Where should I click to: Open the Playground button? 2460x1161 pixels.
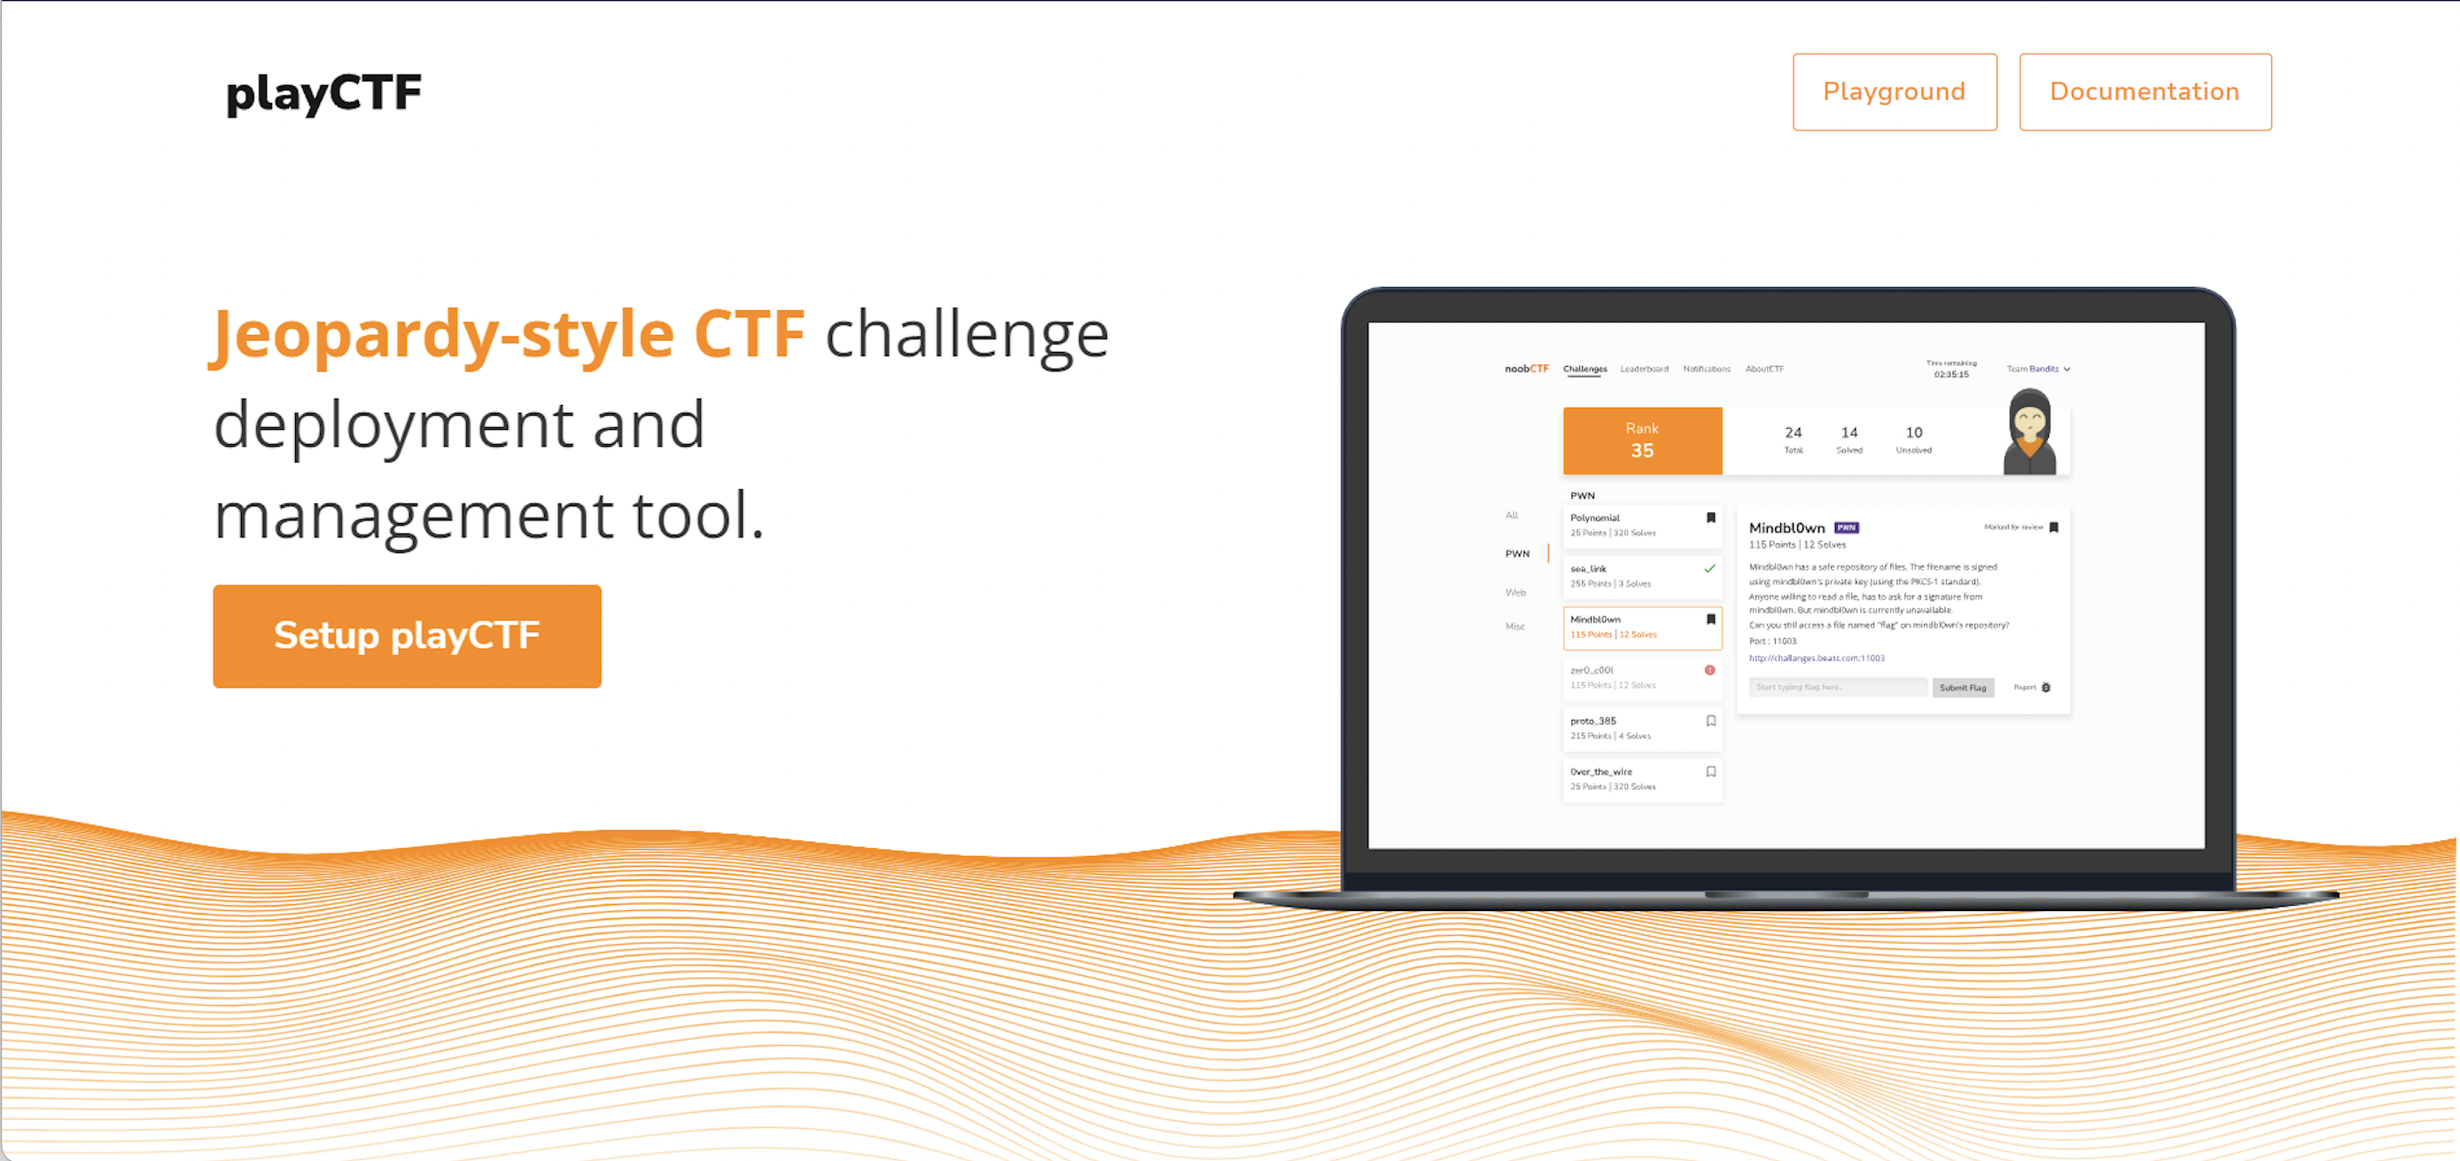1894,91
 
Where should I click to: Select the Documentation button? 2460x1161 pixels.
2144,91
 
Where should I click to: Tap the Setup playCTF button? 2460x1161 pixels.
407,635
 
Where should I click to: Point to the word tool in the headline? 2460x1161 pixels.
697,516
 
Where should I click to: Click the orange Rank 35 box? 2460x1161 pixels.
1641,440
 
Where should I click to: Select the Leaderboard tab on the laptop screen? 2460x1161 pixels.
1644,369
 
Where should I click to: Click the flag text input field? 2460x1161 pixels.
1836,688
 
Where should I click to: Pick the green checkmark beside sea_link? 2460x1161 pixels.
1709,569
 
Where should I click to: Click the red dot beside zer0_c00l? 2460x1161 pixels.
1709,670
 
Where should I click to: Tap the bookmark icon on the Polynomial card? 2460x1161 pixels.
1710,518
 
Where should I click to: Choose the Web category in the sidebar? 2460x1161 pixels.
1515,593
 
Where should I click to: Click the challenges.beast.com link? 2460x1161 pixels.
1817,658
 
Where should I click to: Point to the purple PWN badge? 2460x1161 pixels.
1846,527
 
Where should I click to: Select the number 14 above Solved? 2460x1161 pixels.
1849,432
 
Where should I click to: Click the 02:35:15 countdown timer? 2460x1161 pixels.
1951,374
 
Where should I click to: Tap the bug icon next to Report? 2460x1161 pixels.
2045,688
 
